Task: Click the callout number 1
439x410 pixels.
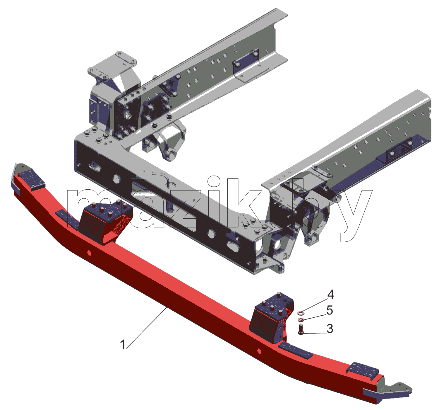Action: pyautogui.click(x=123, y=344)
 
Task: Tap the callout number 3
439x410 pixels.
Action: pyautogui.click(x=330, y=329)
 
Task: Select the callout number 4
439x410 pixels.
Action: pyautogui.click(x=330, y=295)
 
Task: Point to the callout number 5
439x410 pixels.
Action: pyautogui.click(x=330, y=310)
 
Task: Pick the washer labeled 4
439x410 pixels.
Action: pyautogui.click(x=301, y=313)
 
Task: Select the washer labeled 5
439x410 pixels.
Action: pyautogui.click(x=300, y=320)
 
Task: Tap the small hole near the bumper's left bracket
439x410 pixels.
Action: pyautogui.click(x=89, y=253)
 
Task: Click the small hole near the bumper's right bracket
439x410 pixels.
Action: pyautogui.click(x=259, y=351)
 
